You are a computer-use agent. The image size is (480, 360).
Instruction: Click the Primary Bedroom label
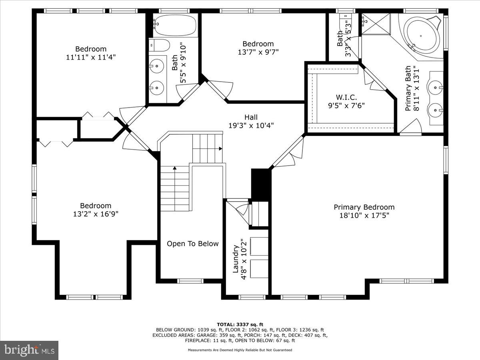(364, 207)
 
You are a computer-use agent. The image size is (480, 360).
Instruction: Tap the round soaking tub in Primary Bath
(421, 35)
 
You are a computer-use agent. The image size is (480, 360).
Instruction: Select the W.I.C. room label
(346, 97)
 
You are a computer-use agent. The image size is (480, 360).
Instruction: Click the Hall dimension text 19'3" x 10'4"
(251, 126)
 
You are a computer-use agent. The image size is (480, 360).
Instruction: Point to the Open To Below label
(192, 244)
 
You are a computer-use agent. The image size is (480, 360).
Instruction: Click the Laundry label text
(236, 259)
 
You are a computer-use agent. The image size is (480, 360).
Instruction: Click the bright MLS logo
(29, 350)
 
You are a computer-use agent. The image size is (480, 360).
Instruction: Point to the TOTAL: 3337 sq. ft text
(240, 324)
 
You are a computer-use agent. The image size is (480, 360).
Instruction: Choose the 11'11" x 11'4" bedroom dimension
(91, 57)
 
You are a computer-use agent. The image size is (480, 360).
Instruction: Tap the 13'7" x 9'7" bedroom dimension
(258, 52)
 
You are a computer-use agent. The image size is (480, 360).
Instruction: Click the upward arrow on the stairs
(174, 168)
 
